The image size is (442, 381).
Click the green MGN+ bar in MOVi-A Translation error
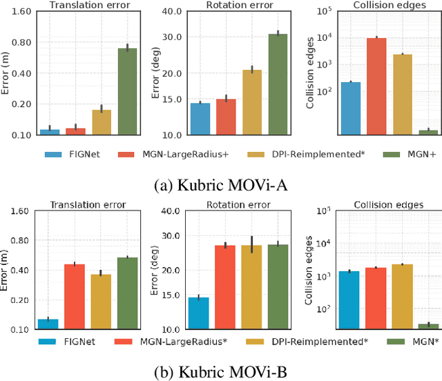[x=128, y=91]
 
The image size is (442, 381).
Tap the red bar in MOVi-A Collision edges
[x=376, y=86]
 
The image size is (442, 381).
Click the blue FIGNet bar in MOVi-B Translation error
[x=48, y=324]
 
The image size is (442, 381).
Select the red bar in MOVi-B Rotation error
[x=225, y=286]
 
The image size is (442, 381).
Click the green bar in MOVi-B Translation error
[x=127, y=293]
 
